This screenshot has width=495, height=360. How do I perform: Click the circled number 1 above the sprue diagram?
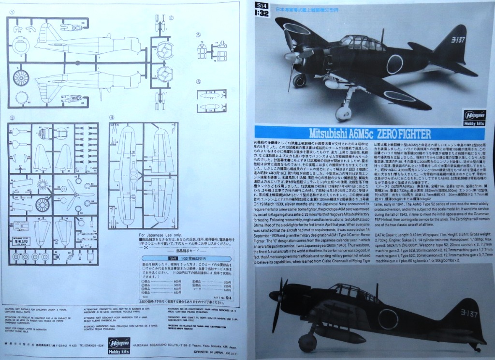click(12, 12)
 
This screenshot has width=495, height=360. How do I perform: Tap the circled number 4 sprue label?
click(112, 117)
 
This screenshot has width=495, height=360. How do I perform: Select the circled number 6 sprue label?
click(198, 81)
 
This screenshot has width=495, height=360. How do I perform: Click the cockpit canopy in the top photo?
click(355, 43)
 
